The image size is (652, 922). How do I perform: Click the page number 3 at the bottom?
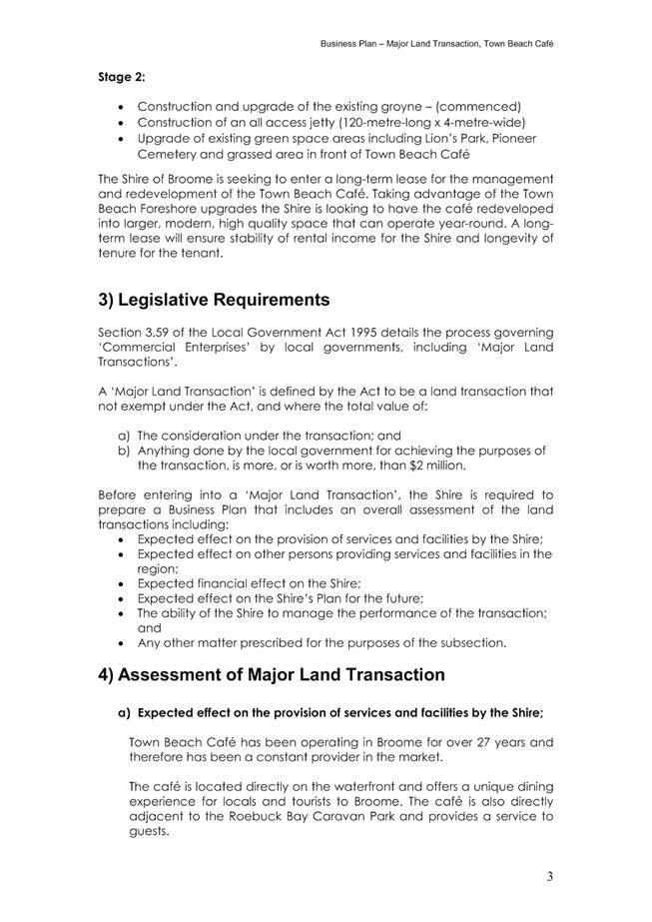(x=549, y=876)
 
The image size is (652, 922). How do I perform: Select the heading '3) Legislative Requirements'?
(x=213, y=300)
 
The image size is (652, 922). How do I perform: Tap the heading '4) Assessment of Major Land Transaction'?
(x=271, y=674)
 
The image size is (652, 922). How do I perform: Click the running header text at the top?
(x=436, y=45)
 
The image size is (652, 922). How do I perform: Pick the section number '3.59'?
(x=166, y=331)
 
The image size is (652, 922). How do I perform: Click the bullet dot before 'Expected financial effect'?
(x=122, y=582)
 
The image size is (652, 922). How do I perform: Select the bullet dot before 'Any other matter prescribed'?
(x=122, y=641)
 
